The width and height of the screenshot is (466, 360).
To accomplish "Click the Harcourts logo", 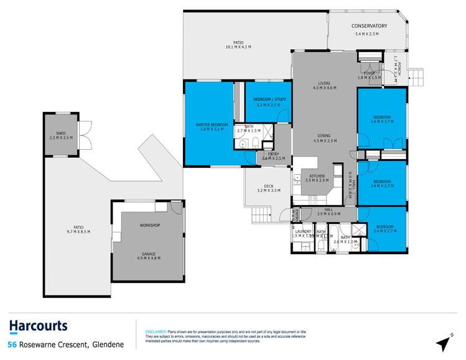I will click(38, 326).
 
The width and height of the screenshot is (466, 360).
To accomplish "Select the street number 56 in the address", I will click(11, 344).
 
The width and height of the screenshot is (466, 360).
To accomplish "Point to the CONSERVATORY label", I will click(369, 25).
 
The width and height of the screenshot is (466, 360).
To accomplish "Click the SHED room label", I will click(61, 133).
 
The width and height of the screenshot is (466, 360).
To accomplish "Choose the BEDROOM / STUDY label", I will click(268, 99).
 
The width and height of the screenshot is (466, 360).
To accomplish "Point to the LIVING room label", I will click(324, 83).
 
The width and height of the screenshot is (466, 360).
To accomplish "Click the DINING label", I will click(324, 136).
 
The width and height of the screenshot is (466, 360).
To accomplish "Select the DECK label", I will click(269, 185).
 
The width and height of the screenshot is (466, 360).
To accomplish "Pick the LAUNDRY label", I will click(303, 232).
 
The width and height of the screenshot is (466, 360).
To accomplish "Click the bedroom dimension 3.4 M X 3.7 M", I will click(381, 122).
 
